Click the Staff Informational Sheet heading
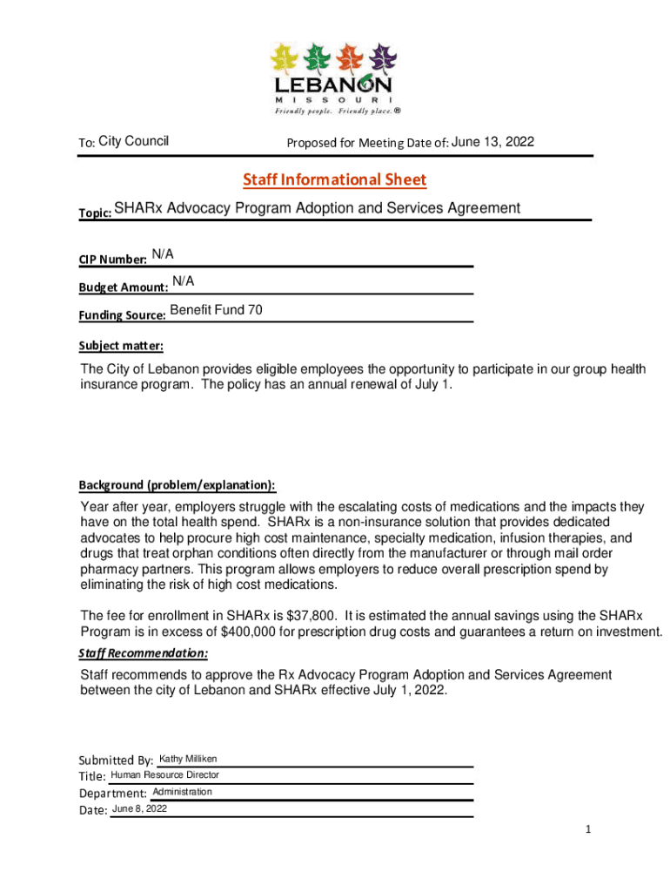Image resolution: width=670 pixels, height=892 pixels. point(335,180)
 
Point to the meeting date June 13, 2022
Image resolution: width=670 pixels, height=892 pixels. point(492,142)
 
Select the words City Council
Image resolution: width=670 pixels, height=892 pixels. point(134,141)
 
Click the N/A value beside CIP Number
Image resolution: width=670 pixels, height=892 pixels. point(163,253)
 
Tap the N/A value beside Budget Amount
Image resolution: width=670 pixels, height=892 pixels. point(183,280)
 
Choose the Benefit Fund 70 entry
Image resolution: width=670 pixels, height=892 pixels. point(217,310)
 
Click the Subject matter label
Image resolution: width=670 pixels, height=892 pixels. point(121,345)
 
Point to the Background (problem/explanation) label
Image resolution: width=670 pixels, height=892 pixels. point(178,484)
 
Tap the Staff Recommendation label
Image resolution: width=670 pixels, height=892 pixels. point(144,652)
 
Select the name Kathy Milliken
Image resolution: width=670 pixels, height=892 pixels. point(188,760)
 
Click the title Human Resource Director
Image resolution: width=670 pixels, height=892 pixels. point(164,774)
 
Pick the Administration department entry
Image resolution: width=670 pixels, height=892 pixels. point(182,792)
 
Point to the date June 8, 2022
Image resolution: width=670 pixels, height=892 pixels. point(139,809)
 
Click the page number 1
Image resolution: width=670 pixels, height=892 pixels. point(588,829)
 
